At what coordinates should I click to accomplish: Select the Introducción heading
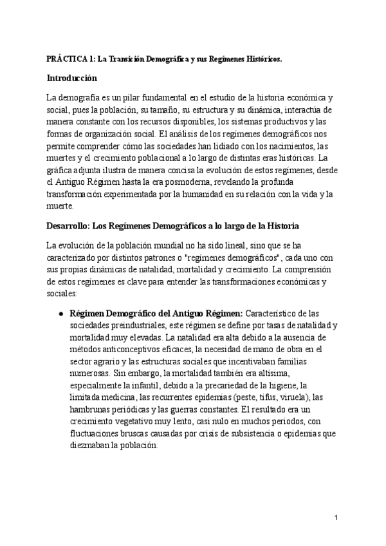click(x=72, y=79)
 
